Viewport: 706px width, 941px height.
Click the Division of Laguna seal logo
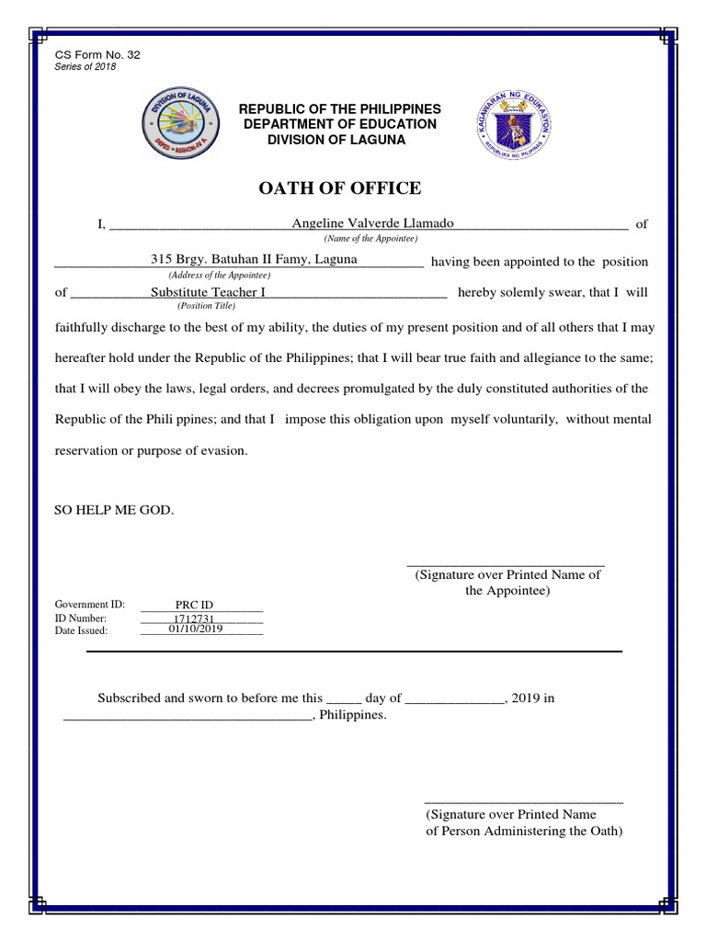[179, 124]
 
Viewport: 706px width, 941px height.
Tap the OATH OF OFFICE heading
[341, 188]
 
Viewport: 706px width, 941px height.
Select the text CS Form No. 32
[98, 55]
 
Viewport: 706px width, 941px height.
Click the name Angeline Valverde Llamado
[372, 223]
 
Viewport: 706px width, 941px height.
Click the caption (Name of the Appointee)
[371, 238]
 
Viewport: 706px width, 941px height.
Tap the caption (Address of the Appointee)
[218, 275]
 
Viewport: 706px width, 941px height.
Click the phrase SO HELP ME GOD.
[114, 509]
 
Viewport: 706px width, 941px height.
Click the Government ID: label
[89, 605]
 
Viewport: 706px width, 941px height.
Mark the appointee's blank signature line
[506, 563]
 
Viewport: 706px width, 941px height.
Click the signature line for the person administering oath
[523, 802]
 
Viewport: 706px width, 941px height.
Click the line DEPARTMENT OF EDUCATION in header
[340, 124]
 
